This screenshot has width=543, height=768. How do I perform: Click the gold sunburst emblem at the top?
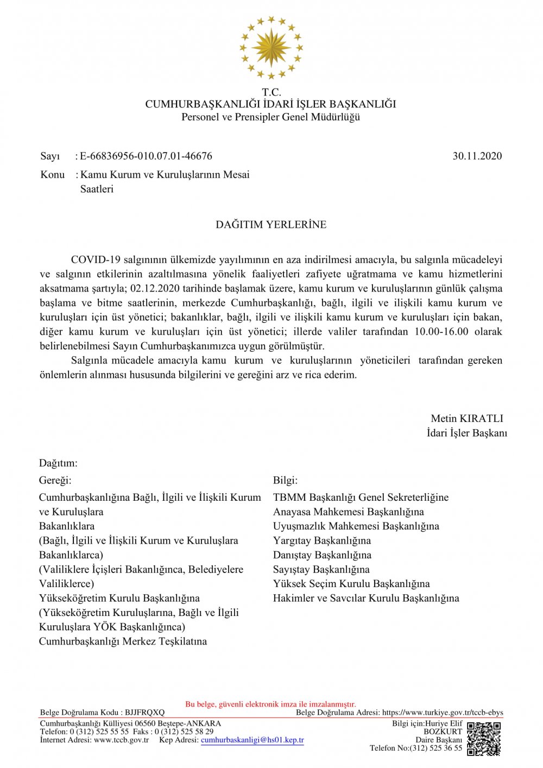[x=271, y=48]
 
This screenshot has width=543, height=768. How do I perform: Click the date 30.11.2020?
[x=477, y=156]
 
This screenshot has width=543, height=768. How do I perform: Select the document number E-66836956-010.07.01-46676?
[x=146, y=156]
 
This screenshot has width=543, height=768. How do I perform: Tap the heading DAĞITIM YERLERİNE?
[x=271, y=225]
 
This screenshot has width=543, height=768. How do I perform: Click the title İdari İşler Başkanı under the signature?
[x=467, y=433]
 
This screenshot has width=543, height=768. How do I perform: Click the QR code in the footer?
[x=484, y=739]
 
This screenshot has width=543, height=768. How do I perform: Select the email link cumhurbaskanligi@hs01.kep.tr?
[x=252, y=740]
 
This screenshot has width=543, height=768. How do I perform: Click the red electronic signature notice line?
[x=271, y=704]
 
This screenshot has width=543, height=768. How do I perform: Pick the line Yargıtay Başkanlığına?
[x=322, y=541]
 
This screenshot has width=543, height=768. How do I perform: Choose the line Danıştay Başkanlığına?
[x=322, y=555]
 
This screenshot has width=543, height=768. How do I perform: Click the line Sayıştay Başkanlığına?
[x=321, y=570]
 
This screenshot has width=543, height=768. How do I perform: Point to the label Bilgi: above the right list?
[x=285, y=481]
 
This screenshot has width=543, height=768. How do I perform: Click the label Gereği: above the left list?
[x=55, y=481]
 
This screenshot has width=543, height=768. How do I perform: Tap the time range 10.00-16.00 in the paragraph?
[x=441, y=332]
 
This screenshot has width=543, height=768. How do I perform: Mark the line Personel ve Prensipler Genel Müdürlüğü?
[x=271, y=117]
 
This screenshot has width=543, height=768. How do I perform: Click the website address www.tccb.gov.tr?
[x=121, y=740]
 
